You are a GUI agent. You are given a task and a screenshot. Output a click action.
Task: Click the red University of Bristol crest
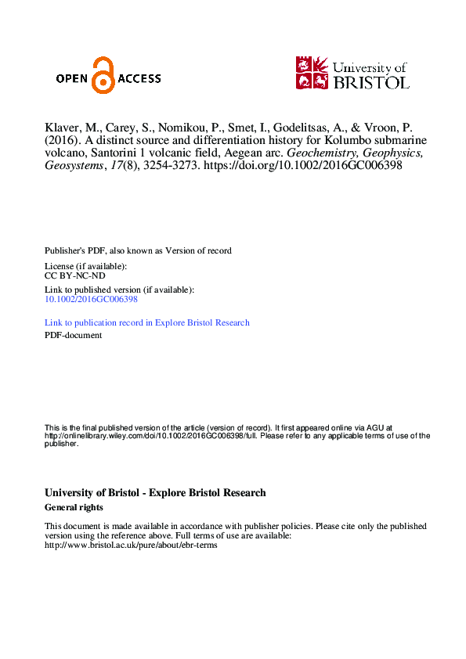[x=311, y=72]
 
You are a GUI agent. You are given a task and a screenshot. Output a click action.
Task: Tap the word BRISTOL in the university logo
[x=370, y=81]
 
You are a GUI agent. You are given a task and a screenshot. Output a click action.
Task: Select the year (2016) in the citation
[x=63, y=142]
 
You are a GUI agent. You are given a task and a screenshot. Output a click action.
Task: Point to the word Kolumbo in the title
[x=342, y=142]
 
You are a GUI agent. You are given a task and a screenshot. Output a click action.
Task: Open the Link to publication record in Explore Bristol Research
[x=147, y=322]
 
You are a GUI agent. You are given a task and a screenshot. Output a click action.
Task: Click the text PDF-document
[x=73, y=335]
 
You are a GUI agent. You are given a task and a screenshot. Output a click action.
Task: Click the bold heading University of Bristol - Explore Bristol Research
[x=155, y=493]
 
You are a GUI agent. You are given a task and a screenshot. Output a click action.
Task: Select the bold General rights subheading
[x=74, y=507]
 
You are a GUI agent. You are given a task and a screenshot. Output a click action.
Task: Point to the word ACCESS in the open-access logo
[x=139, y=78]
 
